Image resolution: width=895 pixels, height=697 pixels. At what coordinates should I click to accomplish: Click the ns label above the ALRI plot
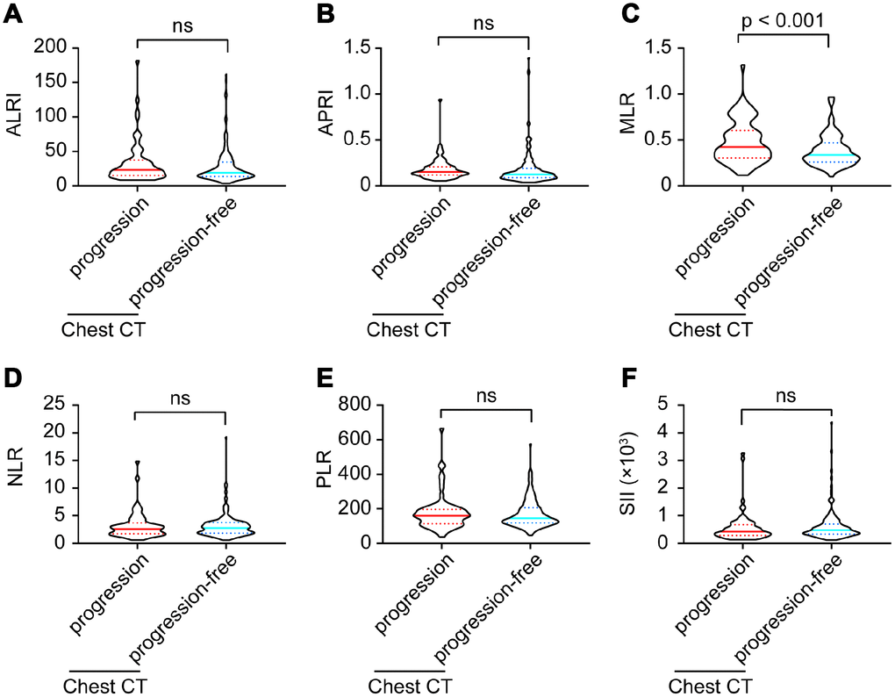click(182, 25)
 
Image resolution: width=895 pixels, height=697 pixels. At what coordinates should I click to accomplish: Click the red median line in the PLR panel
click(442, 515)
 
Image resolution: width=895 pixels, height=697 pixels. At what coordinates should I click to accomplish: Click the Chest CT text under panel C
click(711, 329)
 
